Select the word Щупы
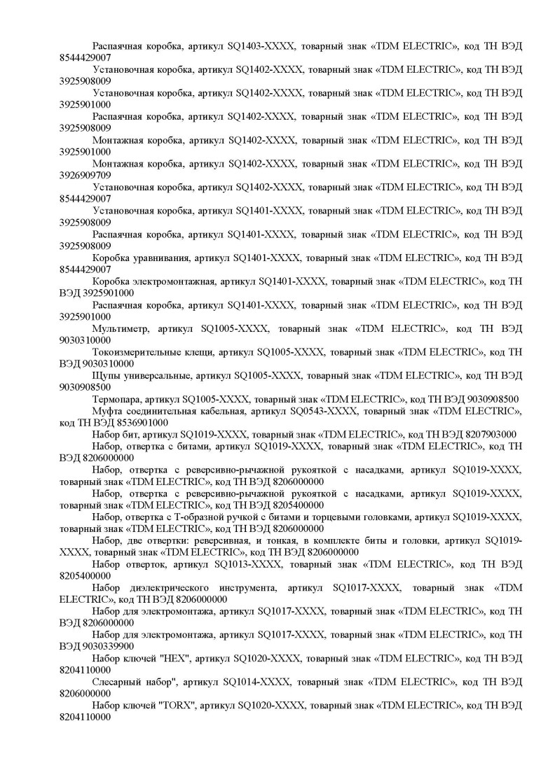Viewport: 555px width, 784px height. click(x=105, y=375)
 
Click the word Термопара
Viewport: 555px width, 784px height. click(x=116, y=399)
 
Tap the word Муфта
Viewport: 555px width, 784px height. click(x=107, y=411)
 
